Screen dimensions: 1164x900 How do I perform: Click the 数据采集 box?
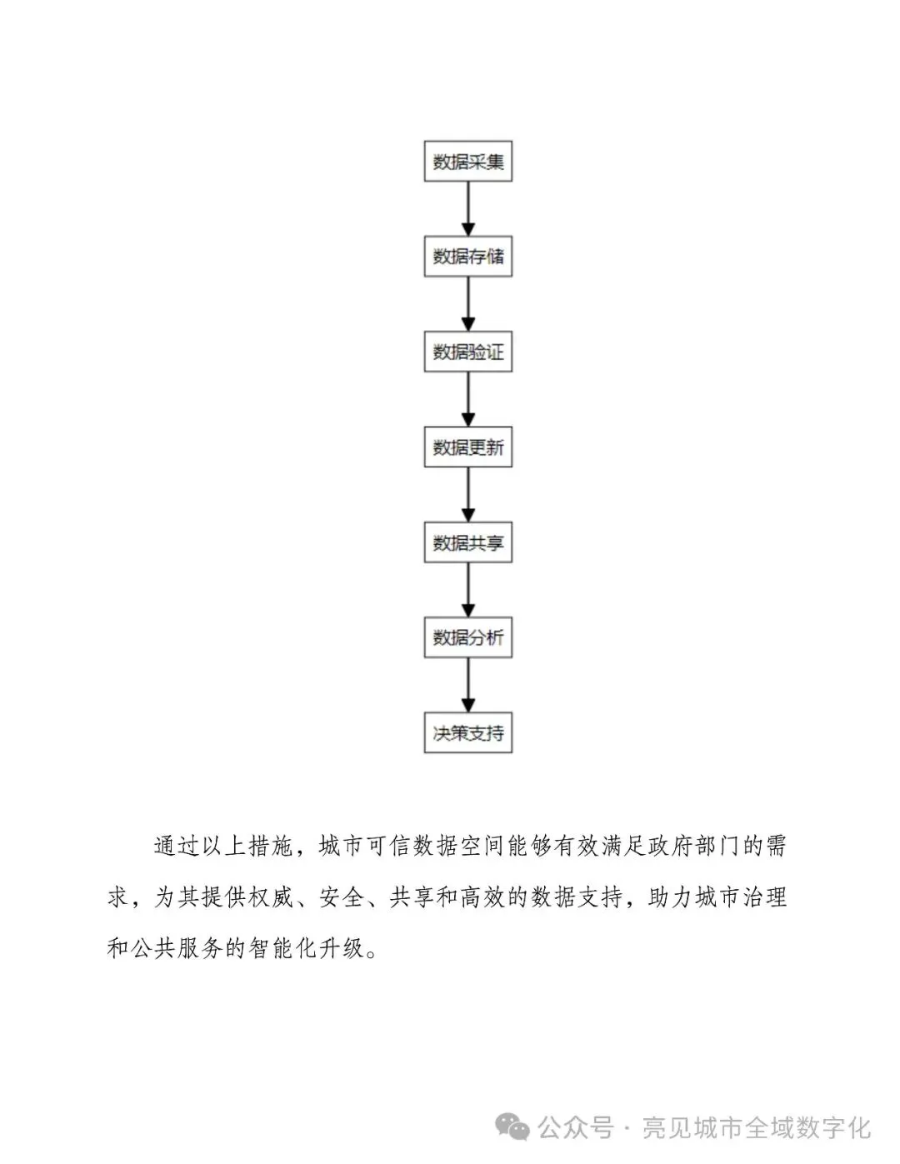[467, 162]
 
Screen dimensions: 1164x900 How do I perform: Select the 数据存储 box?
[467, 257]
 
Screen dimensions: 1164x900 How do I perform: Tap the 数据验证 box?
[467, 352]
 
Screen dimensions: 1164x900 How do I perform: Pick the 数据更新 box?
[467, 447]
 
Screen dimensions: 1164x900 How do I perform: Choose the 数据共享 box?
[467, 542]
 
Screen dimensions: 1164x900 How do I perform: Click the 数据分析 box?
[467, 637]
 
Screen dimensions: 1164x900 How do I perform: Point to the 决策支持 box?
[467, 733]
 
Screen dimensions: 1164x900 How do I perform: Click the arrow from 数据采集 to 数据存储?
[467, 209]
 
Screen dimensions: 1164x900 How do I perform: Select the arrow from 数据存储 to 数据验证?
[467, 304]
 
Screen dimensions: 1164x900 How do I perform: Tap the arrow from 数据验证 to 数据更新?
[467, 400]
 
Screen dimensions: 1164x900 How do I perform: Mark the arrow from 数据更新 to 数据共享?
[467, 495]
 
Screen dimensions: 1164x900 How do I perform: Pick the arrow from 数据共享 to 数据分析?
[467, 590]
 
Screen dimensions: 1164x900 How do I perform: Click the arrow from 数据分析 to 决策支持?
[467, 686]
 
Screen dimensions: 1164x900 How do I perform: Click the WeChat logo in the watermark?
[512, 1128]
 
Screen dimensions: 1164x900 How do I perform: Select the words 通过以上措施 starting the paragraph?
[223, 847]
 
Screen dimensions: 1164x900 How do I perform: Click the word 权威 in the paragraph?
[272, 897]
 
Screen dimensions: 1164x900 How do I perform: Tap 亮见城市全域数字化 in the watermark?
[757, 1128]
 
